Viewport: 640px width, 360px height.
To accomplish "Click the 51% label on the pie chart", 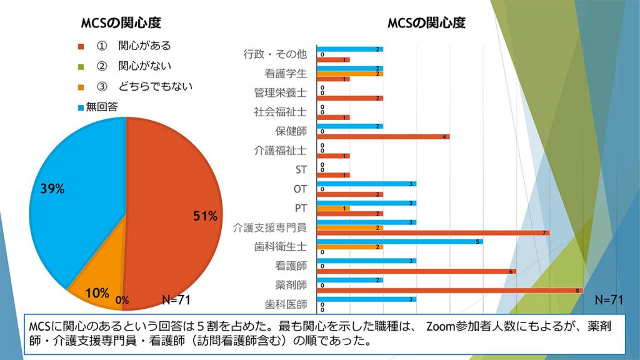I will point(204,216).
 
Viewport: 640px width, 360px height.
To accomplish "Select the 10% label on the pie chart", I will point(97,292).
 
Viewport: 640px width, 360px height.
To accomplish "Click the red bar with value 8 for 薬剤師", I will point(450,290).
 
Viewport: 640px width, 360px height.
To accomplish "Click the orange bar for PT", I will point(334,208).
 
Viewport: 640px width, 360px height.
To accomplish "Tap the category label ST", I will point(301,169).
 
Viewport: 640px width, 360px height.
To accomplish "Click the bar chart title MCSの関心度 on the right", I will point(426,23).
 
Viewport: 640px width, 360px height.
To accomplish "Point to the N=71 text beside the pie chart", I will point(176,299).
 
